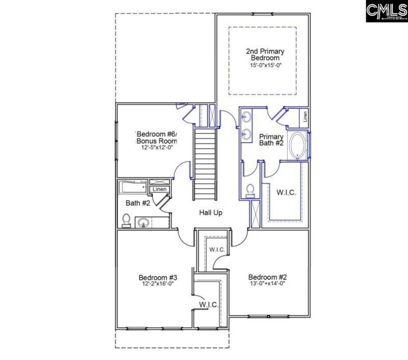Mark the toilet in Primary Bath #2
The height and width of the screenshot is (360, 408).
[250, 190]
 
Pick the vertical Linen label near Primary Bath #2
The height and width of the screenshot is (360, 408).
[305, 117]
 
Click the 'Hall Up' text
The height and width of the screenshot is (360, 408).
[210, 212]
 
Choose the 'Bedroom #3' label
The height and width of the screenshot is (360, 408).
[154, 277]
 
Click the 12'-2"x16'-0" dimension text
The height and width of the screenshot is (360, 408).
[154, 285]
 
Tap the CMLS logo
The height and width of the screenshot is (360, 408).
[386, 11]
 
